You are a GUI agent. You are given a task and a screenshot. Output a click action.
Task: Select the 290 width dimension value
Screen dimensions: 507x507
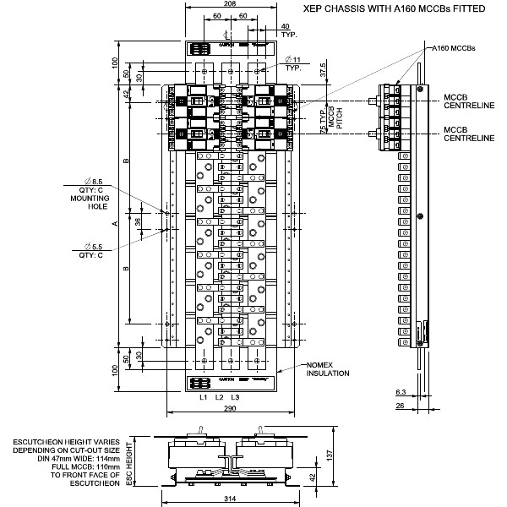pyautogui.click(x=232, y=409)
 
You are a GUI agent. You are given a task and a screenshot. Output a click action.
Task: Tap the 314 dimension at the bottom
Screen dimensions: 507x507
pyautogui.click(x=232, y=500)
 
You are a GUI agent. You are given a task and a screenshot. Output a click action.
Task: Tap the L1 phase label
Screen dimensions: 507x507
pyautogui.click(x=203, y=396)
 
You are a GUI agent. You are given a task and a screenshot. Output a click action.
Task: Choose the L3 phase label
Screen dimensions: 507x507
pyautogui.click(x=234, y=396)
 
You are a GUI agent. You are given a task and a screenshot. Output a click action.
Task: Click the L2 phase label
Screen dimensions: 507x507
pyautogui.click(x=218, y=396)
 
